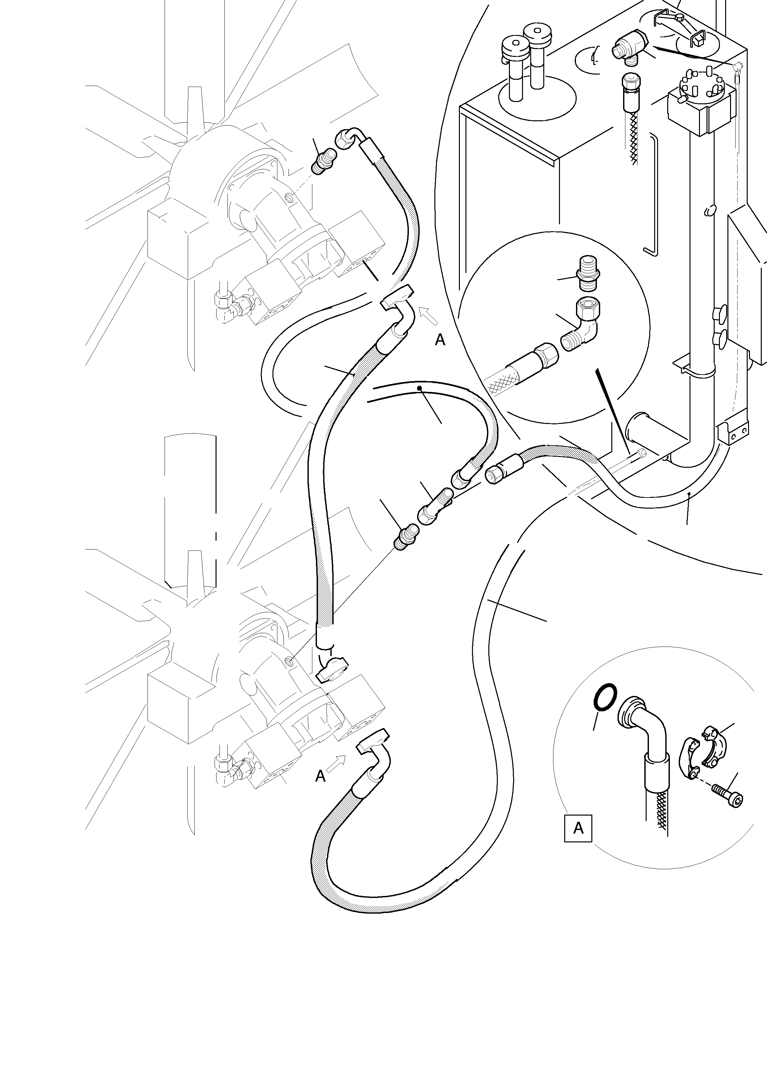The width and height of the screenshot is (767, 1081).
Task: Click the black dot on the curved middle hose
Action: coord(419,388)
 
